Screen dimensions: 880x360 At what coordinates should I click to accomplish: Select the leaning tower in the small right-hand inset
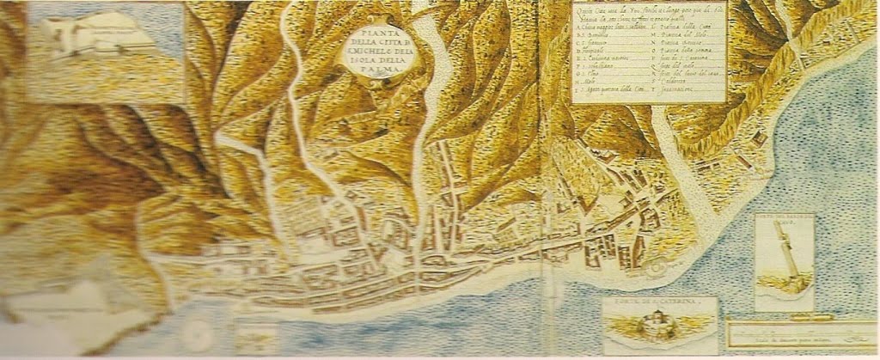pos(786,254)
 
